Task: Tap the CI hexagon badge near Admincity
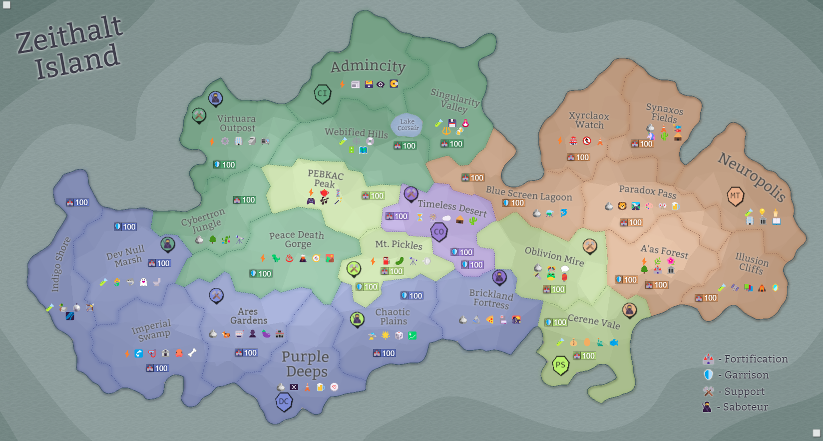tap(323, 93)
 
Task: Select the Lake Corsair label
tap(408, 125)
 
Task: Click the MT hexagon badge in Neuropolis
tap(735, 196)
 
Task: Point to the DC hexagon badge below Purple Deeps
tap(284, 401)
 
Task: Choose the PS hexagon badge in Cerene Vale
tap(560, 365)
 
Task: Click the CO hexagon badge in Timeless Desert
tap(439, 231)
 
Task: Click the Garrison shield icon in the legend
tap(708, 375)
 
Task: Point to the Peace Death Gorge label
tap(297, 239)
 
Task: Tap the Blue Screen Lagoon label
tap(529, 193)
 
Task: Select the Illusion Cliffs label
tap(752, 263)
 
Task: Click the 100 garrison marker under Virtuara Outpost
tap(225, 164)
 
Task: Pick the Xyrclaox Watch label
tap(589, 120)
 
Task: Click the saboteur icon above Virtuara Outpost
tap(215, 98)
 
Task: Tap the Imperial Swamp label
tap(152, 330)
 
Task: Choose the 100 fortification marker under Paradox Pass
tap(631, 222)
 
